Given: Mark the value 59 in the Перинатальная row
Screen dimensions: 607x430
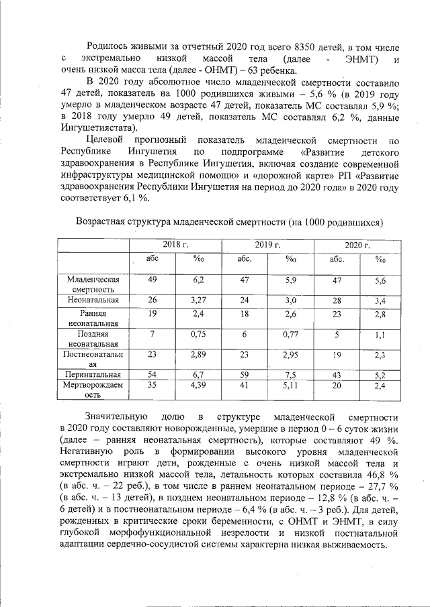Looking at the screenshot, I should pos(245,374).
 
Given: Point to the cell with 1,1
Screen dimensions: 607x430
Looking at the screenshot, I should pos(380,333).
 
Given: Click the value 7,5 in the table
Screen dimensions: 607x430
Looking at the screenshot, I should pos(291,374).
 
